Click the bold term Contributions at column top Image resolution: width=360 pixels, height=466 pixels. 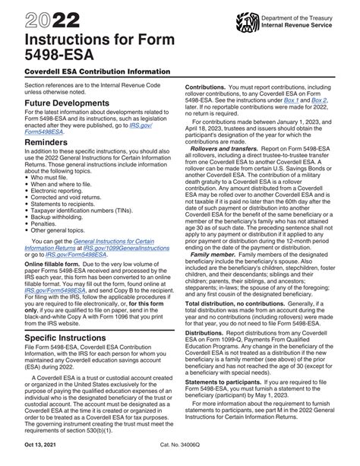[x=208, y=87]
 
